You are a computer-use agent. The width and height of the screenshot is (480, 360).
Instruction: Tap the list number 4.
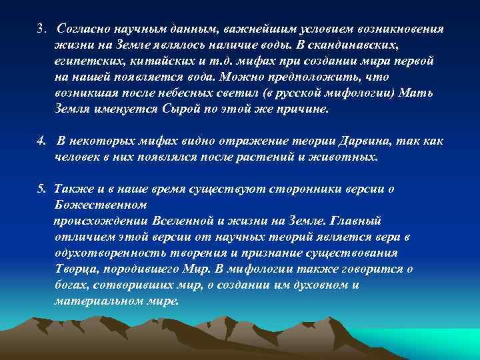point(41,142)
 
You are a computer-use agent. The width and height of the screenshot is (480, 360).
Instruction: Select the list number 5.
point(41,189)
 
